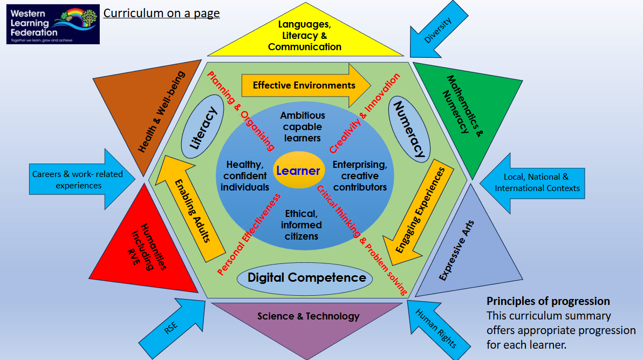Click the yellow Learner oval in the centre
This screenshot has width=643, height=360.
pos(298,171)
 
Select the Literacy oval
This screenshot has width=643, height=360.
pos(200,127)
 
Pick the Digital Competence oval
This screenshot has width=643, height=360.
pos(305,277)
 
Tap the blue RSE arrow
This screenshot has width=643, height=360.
pos(172,327)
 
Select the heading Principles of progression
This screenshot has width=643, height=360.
pos(548,301)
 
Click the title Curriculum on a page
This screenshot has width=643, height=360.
pos(161,12)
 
